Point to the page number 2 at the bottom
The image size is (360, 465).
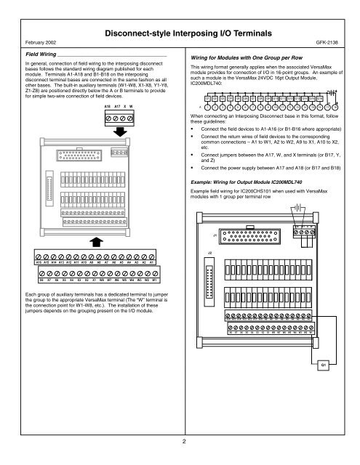pos(180,440)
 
